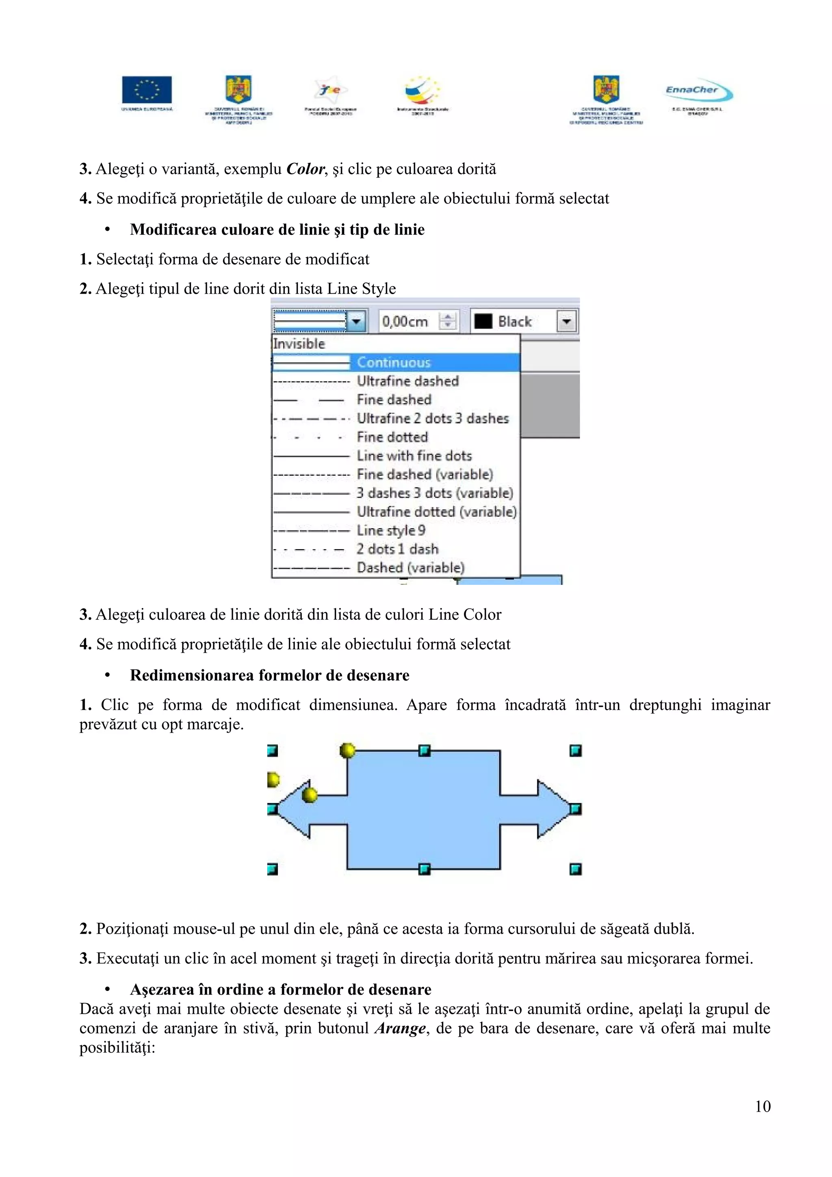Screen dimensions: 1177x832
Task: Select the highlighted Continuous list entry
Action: (394, 362)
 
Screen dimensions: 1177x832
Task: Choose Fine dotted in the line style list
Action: (392, 437)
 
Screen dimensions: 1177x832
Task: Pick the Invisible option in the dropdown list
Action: (299, 344)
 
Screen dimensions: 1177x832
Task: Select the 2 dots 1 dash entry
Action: (397, 549)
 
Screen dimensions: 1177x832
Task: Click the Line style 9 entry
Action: (391, 530)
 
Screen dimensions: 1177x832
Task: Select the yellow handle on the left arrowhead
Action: (310, 795)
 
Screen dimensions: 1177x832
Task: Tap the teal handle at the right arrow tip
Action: (576, 809)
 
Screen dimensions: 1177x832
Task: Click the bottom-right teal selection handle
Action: (576, 869)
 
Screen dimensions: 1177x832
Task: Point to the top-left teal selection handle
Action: (273, 751)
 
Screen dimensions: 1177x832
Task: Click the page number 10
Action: (762, 1106)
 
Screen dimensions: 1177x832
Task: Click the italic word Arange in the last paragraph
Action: (400, 1028)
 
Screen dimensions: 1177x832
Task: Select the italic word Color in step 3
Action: (305, 169)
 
